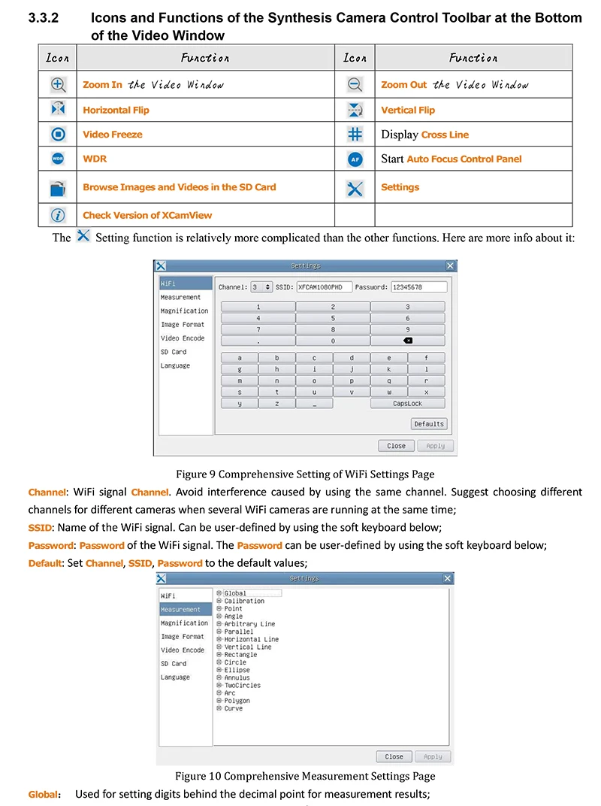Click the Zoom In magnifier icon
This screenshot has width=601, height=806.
click(x=58, y=85)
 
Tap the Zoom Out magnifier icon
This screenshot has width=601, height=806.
click(x=355, y=85)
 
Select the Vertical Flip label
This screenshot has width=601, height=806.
click(x=408, y=110)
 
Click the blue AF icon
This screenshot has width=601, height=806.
click(x=355, y=159)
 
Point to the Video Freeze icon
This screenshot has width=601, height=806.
click(x=58, y=135)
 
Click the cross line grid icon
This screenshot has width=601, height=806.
click(x=355, y=135)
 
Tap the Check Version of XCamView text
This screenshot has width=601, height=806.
click(x=147, y=215)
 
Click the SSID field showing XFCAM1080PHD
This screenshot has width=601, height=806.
click(x=324, y=286)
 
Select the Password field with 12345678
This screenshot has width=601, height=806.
click(x=418, y=286)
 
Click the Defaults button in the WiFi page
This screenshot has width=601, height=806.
click(x=429, y=424)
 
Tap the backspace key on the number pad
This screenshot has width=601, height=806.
click(x=408, y=341)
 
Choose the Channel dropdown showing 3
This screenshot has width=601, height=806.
click(x=261, y=286)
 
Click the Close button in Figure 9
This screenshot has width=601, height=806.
click(x=396, y=446)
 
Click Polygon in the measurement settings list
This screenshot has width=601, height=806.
click(x=237, y=701)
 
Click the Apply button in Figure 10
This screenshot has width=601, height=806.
click(x=433, y=756)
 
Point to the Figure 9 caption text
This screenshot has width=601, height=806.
click(x=305, y=474)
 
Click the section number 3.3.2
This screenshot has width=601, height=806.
click(x=43, y=18)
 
